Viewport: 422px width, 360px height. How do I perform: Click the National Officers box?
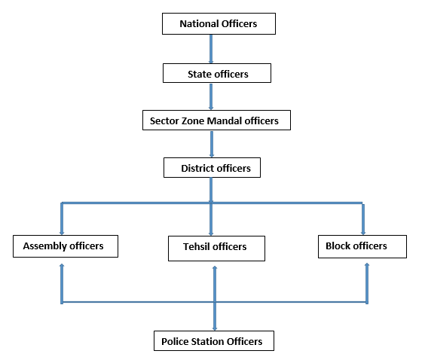point(219,23)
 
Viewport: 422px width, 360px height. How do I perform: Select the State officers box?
point(217,73)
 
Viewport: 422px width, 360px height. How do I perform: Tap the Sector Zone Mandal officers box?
point(217,121)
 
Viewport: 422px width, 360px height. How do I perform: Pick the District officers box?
point(212,168)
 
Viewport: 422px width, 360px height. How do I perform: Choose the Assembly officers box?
point(66,246)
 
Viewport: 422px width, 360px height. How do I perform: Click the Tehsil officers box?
point(217,249)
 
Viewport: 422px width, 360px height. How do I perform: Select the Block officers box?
point(362,247)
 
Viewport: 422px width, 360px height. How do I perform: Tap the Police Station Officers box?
point(214,341)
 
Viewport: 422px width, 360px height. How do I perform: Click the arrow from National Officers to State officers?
point(211,49)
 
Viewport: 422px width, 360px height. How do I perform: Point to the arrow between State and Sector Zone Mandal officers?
point(211,96)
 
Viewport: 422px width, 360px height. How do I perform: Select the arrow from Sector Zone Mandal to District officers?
point(212,144)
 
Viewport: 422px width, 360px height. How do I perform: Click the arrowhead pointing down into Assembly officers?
point(62,233)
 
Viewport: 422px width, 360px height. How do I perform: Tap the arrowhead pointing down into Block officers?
point(363,233)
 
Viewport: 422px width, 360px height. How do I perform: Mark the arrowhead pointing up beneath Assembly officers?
point(62,266)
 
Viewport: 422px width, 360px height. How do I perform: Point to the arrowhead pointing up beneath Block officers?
point(367,265)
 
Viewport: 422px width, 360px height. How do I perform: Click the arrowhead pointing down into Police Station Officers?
point(215,328)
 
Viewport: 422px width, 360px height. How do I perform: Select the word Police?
point(175,341)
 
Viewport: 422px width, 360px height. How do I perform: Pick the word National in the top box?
point(199,23)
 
